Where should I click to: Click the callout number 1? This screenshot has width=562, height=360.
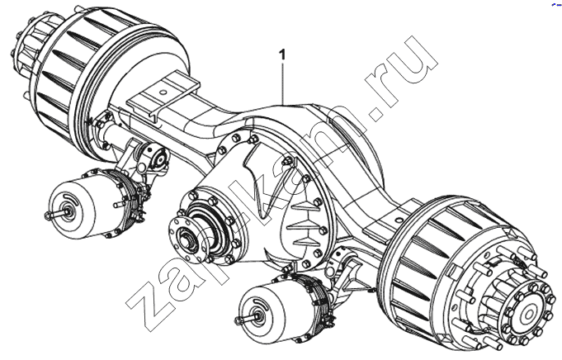click(x=283, y=54)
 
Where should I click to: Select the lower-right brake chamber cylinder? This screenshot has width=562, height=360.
click(x=267, y=311)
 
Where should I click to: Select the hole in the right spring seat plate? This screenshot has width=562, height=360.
click(x=399, y=218)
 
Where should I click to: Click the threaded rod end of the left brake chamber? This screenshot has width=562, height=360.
click(x=54, y=215)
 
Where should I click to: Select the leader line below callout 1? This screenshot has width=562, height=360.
click(x=283, y=83)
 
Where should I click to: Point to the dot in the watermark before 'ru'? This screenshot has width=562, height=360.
click(x=376, y=114)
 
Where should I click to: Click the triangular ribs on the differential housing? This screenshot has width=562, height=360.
click(x=304, y=222)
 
